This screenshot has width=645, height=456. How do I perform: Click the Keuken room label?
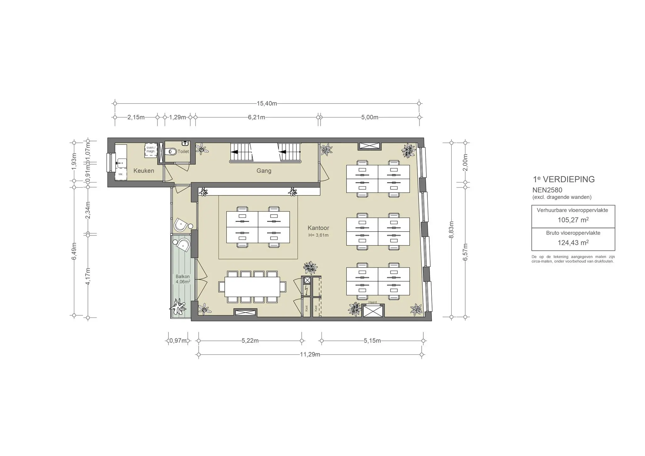(x=144, y=171)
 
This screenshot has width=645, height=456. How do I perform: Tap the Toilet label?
(x=183, y=151)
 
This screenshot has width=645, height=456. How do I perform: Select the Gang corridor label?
(x=264, y=171)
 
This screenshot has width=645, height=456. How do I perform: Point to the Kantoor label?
(x=318, y=228)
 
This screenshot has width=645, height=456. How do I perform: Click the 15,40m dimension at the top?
(x=267, y=104)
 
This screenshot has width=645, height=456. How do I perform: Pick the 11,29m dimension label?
(x=310, y=355)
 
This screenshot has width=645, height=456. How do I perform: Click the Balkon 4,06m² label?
(x=183, y=279)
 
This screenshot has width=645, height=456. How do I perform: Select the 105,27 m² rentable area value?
(x=573, y=220)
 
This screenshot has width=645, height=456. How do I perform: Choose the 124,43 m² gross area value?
(x=573, y=243)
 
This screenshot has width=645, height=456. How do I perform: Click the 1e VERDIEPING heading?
(x=564, y=179)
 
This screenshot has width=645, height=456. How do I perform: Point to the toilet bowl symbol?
(x=171, y=152)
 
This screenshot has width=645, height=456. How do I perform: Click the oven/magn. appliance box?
(x=151, y=150)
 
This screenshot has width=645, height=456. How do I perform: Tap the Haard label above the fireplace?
(x=373, y=302)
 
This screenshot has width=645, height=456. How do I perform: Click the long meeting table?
(x=252, y=287)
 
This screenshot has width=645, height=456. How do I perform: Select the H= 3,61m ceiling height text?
(x=318, y=235)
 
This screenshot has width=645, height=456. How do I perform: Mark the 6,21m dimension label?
(x=256, y=117)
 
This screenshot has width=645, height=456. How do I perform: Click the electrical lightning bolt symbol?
(x=306, y=290)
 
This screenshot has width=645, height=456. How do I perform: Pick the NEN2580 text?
(x=547, y=190)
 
